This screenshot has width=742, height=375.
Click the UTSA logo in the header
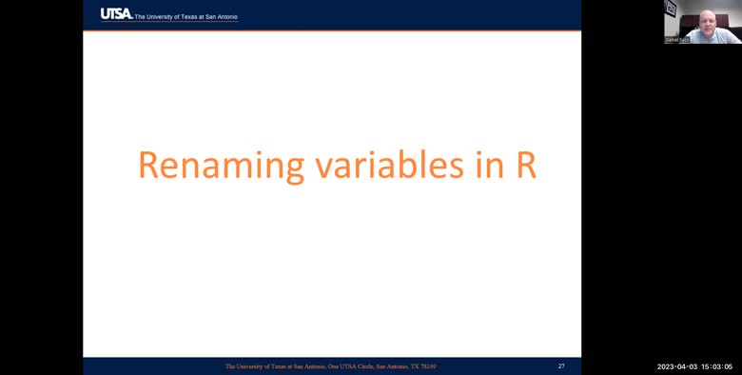pyautogui.click(x=116, y=13)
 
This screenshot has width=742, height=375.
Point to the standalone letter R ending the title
pyautogui.click(x=527, y=165)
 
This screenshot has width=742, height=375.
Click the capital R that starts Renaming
pyautogui.click(x=150, y=165)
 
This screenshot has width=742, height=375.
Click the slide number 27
pyautogui.click(x=561, y=365)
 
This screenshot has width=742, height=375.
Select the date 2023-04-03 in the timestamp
pyautogui.click(x=678, y=366)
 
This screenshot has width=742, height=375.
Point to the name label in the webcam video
pyautogui.click(x=677, y=40)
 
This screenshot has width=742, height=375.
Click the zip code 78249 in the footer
pyautogui.click(x=428, y=365)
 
